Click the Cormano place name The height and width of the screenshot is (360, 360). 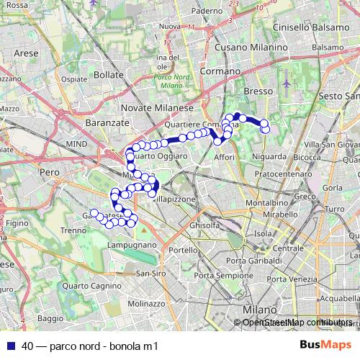220,72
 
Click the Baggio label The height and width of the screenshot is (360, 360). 50,318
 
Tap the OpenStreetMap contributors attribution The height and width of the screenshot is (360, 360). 297,323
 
